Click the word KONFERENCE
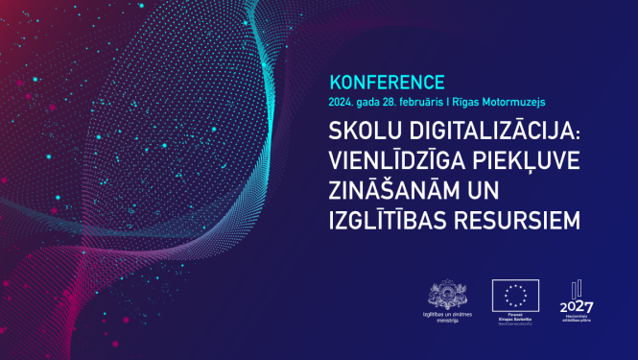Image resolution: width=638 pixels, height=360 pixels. click(388, 82)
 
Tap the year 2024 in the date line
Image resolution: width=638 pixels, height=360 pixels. click(342, 100)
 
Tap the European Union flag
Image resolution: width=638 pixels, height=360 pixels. click(515, 296)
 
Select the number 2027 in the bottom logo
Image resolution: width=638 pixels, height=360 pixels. click(576, 306)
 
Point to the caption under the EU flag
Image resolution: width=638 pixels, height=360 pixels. click(515, 320)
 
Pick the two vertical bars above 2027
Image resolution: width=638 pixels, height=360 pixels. click(576, 290)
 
